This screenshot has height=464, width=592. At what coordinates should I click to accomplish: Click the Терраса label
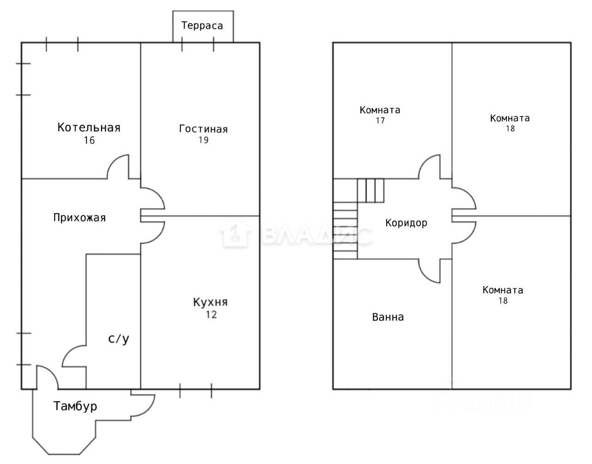click(x=202, y=25)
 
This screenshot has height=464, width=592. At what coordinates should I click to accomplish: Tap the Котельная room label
click(x=89, y=127)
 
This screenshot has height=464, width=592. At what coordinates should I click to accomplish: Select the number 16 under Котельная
click(x=89, y=140)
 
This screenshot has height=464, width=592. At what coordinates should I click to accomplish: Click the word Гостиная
click(x=203, y=129)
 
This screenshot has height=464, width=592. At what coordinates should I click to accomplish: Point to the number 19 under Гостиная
click(x=203, y=140)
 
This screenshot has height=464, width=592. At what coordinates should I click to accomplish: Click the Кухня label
click(x=210, y=303)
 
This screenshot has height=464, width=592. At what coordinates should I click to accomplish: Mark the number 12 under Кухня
click(x=211, y=315)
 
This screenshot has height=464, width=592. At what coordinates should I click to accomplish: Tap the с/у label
click(x=119, y=339)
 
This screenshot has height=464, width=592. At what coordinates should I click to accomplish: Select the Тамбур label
click(x=75, y=407)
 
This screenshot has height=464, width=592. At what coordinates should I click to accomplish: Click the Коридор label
click(x=406, y=223)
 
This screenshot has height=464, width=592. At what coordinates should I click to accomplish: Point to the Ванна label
click(x=388, y=317)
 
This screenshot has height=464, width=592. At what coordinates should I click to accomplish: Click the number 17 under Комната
click(x=380, y=121)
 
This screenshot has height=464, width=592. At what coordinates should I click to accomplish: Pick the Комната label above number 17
click(x=380, y=110)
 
